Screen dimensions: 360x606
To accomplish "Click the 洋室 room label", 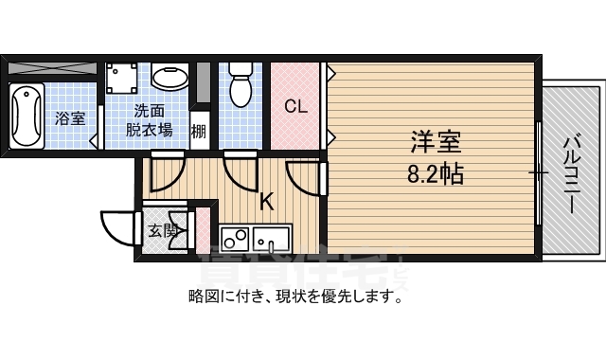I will pos(436,144).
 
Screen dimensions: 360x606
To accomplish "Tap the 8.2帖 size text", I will pos(436,174).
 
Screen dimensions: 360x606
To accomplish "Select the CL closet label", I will pos(296,106).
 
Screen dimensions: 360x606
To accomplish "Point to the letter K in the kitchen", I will pos(267,201).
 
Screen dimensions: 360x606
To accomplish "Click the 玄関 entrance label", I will pos(164,229).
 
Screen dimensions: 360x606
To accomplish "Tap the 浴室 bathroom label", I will pos(69,119).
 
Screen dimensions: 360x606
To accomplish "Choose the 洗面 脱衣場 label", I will pos(149,118).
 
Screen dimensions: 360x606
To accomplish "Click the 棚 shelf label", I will pos(199,130).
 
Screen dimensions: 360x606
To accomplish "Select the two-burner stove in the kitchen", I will pos(234,237).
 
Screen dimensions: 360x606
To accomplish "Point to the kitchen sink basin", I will pos(274,237).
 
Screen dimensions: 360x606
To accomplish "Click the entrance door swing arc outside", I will pos(116,227).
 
